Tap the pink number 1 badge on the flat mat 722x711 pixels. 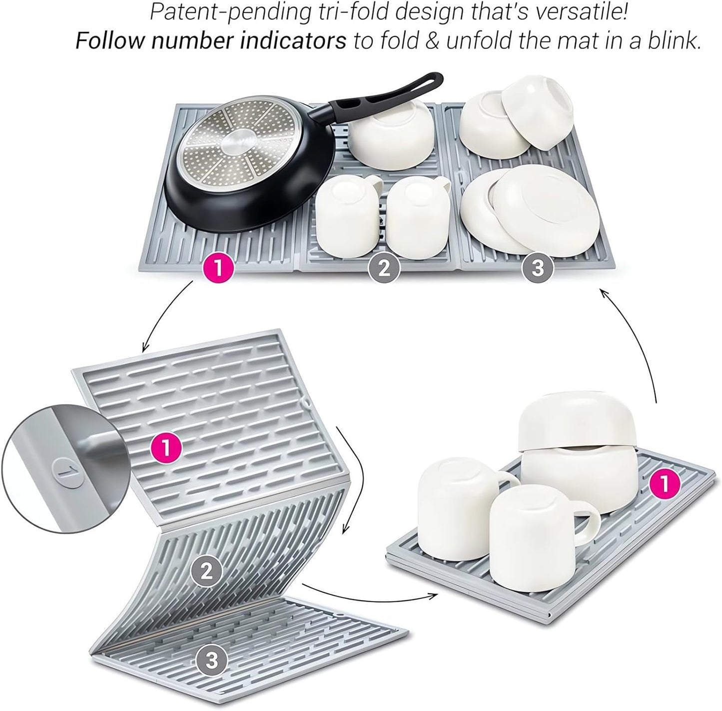(218, 268)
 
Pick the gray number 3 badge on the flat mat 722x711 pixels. (537, 268)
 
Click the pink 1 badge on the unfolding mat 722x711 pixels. (166, 448)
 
